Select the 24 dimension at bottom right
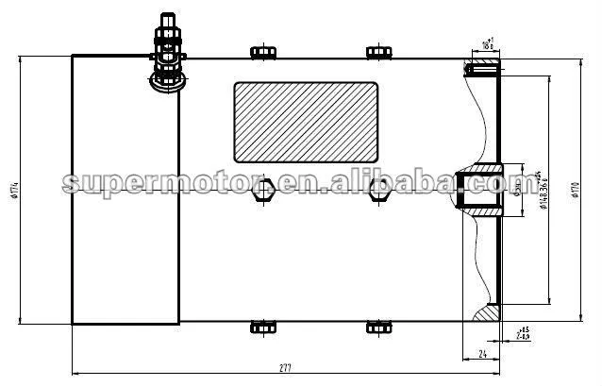point(481,354)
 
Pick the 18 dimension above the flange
point(487,44)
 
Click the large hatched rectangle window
point(306,122)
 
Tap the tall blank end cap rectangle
point(125,189)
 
